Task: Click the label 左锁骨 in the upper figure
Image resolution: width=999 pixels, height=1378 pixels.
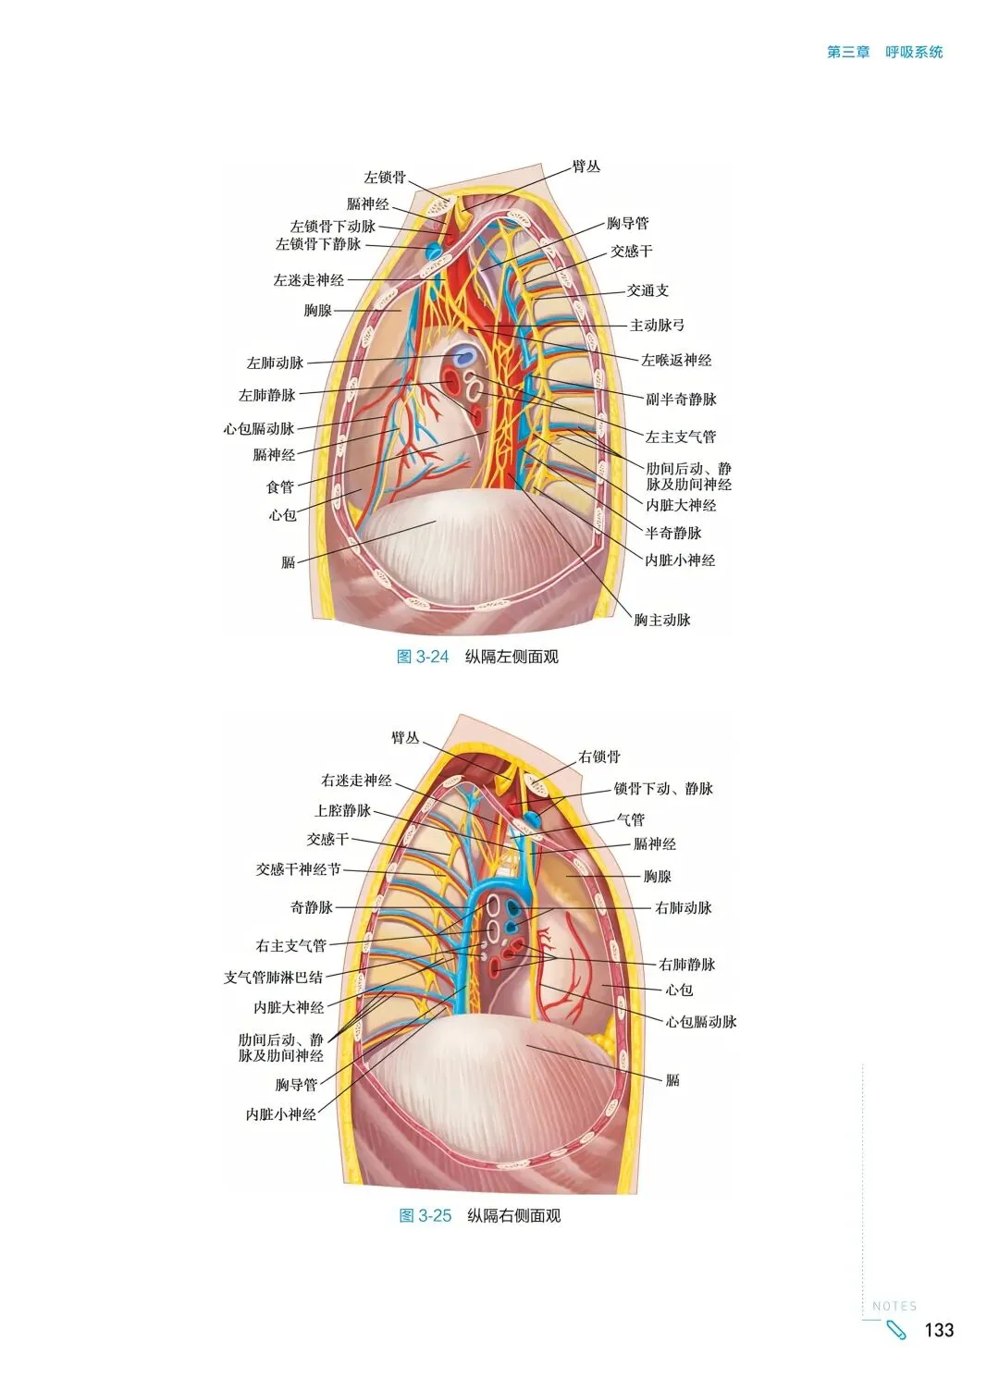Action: (385, 178)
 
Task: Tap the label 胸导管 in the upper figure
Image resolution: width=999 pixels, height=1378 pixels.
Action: (627, 224)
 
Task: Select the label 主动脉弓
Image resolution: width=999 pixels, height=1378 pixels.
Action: (657, 326)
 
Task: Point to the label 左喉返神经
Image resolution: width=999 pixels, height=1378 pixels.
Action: (676, 361)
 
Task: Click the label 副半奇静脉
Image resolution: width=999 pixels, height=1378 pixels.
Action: (681, 400)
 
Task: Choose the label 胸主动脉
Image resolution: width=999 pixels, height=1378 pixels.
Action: (661, 621)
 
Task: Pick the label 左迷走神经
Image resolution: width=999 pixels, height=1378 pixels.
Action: (308, 280)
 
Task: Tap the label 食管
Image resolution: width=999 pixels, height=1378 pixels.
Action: (279, 487)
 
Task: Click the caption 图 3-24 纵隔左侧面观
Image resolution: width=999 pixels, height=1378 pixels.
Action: (477, 658)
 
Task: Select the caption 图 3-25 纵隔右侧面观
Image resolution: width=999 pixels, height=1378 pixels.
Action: (479, 1216)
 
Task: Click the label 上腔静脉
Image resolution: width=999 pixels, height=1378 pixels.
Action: (342, 811)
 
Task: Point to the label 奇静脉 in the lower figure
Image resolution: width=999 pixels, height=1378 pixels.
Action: (311, 908)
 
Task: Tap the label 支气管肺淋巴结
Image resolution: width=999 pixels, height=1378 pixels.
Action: (273, 978)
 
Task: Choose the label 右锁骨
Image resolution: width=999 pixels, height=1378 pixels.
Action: (599, 757)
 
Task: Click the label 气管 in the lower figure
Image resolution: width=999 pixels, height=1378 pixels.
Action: (631, 820)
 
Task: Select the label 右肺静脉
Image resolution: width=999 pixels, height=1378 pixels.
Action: (686, 965)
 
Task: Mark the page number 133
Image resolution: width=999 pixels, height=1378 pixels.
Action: (939, 1330)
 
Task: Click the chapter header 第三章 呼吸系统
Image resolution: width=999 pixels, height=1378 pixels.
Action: (884, 53)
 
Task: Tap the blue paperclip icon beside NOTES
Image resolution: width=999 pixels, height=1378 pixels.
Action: (896, 1331)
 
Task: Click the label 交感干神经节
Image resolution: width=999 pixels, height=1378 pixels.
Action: (298, 870)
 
